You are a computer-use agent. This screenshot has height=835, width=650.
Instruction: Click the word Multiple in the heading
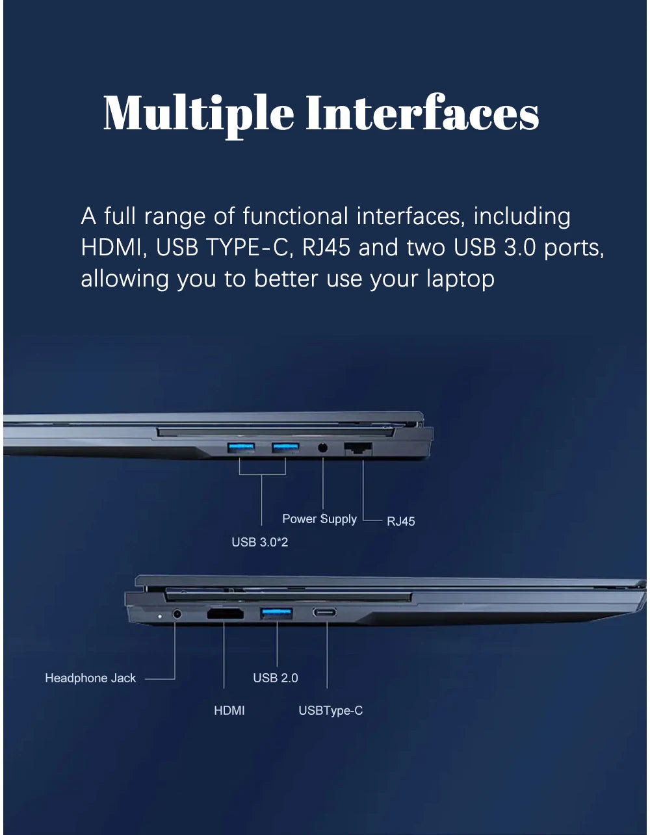tap(199, 115)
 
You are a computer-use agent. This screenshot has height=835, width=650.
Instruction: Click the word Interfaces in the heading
tap(422, 112)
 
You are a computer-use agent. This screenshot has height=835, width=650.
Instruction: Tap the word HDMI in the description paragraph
tap(111, 248)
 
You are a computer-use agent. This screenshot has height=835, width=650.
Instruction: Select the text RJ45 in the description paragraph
tap(326, 247)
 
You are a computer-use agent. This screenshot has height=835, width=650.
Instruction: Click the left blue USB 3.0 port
tap(241, 448)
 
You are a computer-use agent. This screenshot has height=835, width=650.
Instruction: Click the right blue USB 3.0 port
tap(285, 448)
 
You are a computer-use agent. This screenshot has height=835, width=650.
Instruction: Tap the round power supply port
tap(323, 448)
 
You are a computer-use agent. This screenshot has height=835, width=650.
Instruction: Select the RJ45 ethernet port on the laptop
tap(358, 448)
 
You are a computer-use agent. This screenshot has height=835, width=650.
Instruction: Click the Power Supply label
tap(319, 519)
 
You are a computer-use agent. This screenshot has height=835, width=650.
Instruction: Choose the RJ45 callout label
tap(401, 521)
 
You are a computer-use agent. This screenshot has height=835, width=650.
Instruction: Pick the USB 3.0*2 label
tap(260, 542)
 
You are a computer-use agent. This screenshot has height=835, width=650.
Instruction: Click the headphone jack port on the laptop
tap(177, 614)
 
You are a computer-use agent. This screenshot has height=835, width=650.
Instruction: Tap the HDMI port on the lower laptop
tap(226, 613)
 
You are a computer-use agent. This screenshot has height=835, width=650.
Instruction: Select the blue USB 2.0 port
tap(276, 613)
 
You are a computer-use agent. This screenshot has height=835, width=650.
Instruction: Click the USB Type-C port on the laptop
tap(324, 612)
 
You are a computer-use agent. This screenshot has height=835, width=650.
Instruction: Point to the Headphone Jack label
tap(90, 678)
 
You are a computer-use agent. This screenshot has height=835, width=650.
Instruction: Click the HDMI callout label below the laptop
tap(229, 710)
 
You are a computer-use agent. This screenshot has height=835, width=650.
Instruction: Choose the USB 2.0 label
tap(276, 678)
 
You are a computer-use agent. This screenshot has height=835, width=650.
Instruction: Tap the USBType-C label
tap(331, 711)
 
